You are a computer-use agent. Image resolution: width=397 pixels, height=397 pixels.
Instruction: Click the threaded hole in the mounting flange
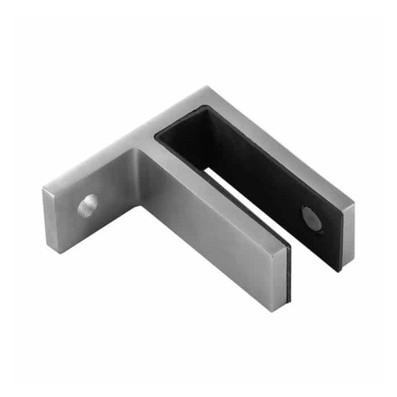click(x=88, y=206)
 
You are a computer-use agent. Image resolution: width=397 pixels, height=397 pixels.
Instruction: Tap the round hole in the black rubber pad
click(x=311, y=219)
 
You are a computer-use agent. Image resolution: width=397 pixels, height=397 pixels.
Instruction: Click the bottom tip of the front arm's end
click(x=274, y=311)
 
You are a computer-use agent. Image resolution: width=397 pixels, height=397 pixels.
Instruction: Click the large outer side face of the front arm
click(x=210, y=238)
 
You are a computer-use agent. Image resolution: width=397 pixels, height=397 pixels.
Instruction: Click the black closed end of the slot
click(x=176, y=136)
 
